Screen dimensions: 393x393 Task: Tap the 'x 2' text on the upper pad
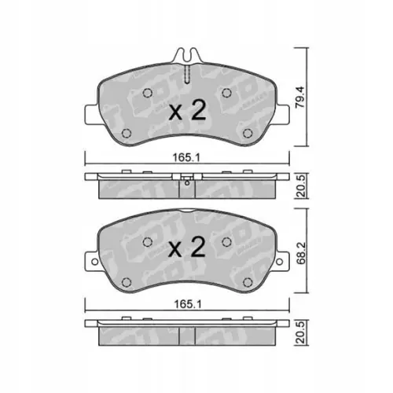pyautogui.click(x=187, y=111)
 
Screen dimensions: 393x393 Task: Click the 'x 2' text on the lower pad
pyautogui.click(x=187, y=248)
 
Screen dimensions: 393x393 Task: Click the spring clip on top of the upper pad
pyautogui.click(x=187, y=57)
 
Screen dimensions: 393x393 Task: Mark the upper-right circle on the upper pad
pyautogui.click(x=226, y=94)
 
